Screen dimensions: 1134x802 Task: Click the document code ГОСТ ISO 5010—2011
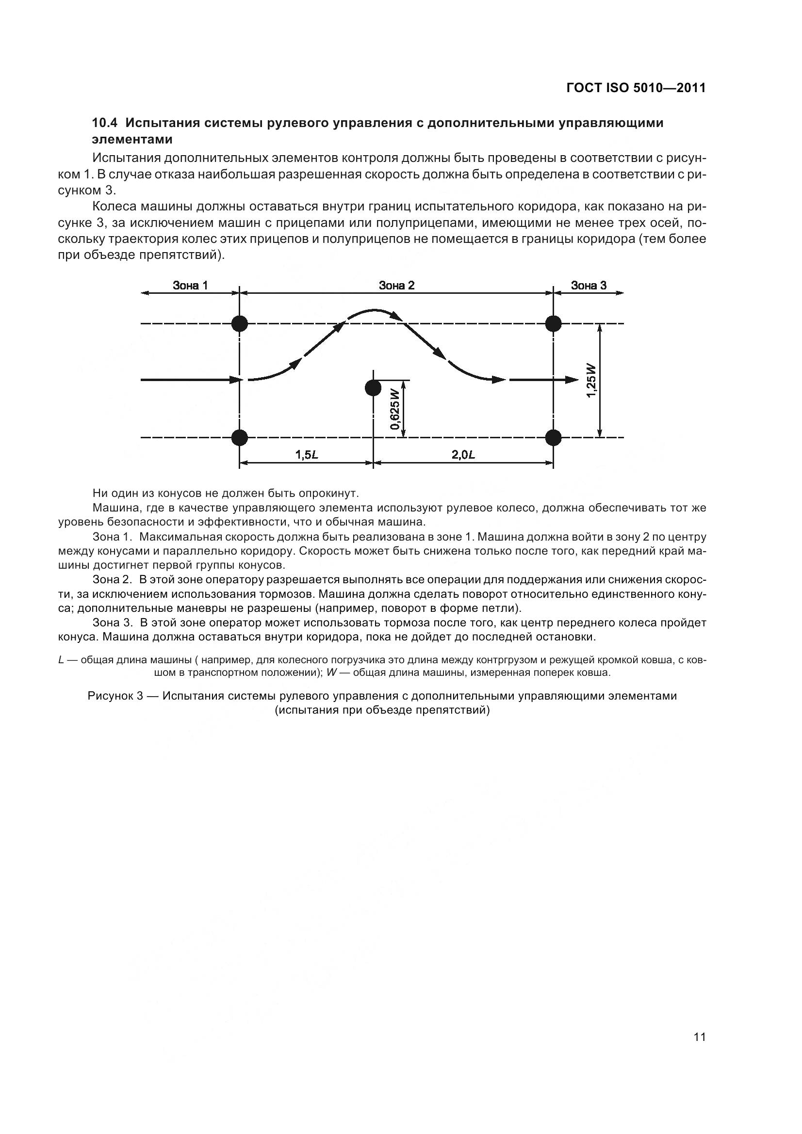tap(636, 88)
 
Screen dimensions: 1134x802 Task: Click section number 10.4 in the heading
tap(106, 123)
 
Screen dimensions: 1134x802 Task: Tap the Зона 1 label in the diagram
tap(190, 285)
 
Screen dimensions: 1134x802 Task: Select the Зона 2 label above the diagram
tap(396, 285)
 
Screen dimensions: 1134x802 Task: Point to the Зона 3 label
tap(589, 285)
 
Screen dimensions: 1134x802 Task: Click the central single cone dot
tap(373, 388)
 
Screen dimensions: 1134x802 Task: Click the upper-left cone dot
tap(240, 324)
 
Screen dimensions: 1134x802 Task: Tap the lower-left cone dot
tap(240, 437)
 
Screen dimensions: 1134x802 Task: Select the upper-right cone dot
tap(554, 324)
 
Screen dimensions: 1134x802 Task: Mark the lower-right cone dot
tap(554, 437)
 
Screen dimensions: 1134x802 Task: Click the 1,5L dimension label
tap(306, 455)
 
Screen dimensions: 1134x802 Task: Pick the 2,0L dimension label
tap(463, 455)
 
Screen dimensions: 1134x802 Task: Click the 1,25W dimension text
tap(591, 380)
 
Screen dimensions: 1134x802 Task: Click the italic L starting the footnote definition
tap(61, 660)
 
